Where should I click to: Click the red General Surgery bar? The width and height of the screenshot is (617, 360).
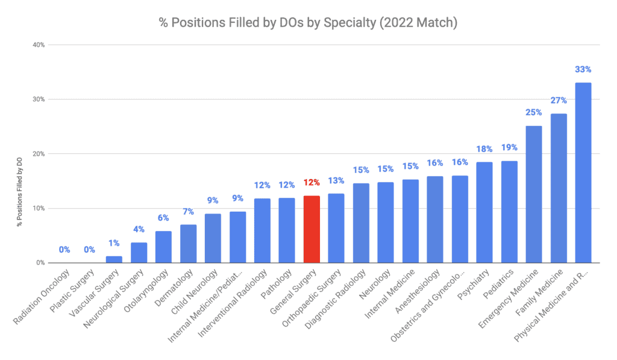pyautogui.click(x=312, y=229)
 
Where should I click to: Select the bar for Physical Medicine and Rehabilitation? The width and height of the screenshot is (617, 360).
pyautogui.click(x=583, y=172)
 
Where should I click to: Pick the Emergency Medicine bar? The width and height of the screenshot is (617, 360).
pyautogui.click(x=534, y=194)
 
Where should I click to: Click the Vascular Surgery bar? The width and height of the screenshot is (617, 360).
pyautogui.click(x=114, y=260)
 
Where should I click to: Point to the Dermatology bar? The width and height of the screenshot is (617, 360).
pyautogui.click(x=188, y=244)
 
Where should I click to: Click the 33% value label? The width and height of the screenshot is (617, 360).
pyautogui.click(x=583, y=69)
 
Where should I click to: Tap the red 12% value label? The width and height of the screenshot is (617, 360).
pyautogui.click(x=312, y=183)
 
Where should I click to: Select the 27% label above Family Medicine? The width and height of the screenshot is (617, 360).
pyautogui.click(x=559, y=100)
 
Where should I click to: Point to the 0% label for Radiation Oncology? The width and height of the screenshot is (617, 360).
pyautogui.click(x=64, y=250)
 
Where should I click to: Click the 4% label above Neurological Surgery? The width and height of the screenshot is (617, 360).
pyautogui.click(x=139, y=229)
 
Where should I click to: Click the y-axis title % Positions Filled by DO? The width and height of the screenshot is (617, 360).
pyautogui.click(x=19, y=181)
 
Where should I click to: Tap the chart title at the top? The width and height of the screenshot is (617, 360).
pyautogui.click(x=308, y=22)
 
